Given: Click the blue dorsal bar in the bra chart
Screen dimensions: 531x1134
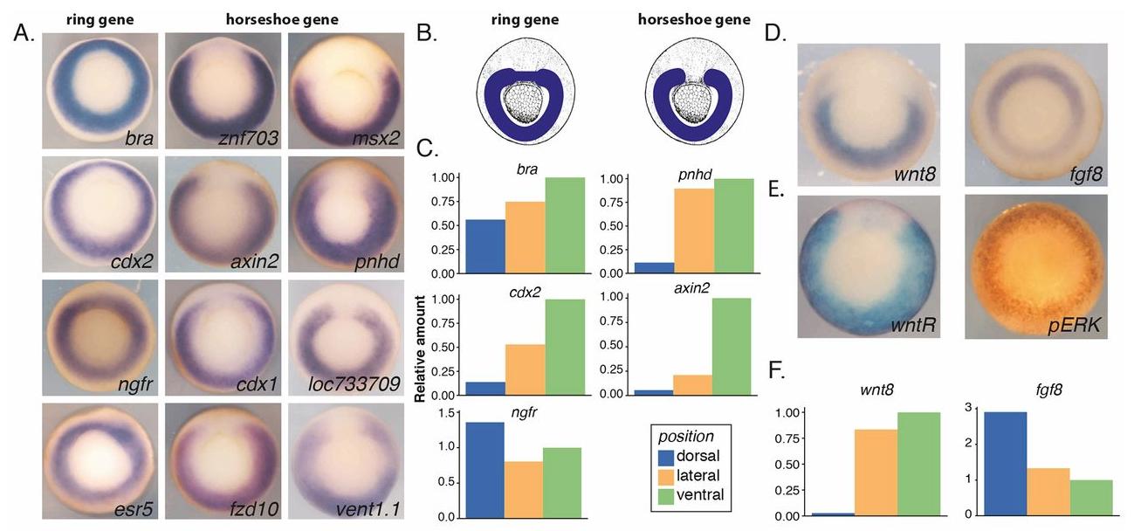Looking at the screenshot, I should pyautogui.click(x=485, y=246).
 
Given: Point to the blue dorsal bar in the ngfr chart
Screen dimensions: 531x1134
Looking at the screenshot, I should pyautogui.click(x=485, y=469).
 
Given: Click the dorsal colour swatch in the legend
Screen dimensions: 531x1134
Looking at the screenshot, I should pyautogui.click(x=671, y=457).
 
